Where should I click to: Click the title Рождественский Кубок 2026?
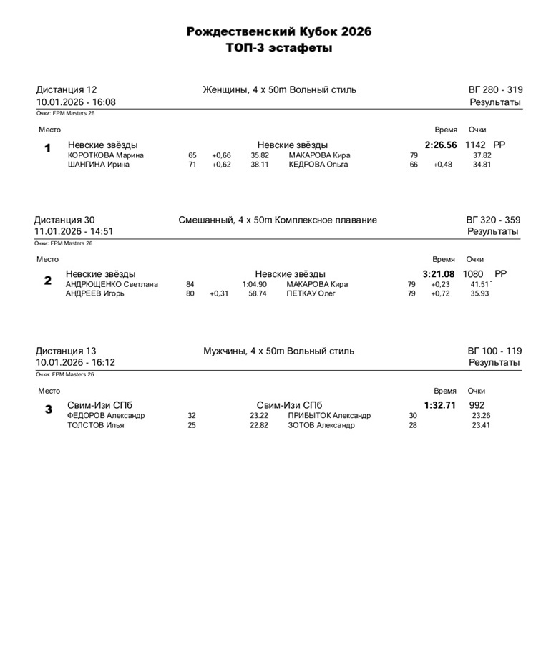[279, 31]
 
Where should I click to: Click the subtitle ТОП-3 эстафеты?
[279, 48]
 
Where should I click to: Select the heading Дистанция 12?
[67, 90]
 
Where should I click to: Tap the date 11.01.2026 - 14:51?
[74, 232]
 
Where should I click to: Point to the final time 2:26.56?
[441, 145]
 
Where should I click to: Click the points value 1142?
[476, 145]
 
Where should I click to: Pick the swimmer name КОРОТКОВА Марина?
[106, 155]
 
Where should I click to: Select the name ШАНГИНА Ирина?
[98, 165]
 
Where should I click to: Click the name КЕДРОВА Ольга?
[318, 165]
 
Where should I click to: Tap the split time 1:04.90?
[254, 284]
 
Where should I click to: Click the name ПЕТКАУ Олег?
[311, 293]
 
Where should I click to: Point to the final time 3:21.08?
[439, 274]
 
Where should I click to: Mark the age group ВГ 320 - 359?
[493, 220]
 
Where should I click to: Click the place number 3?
[49, 409]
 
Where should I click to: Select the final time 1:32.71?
[440, 405]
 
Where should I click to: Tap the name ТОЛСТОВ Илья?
[96, 425]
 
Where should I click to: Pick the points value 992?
[477, 405]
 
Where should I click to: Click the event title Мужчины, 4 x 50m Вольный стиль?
[278, 351]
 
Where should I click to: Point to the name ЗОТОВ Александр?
[321, 425]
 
